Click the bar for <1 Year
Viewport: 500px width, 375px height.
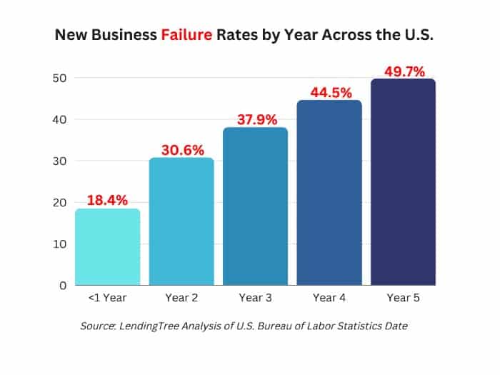point(107,246)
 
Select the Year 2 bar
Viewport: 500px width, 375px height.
point(181,221)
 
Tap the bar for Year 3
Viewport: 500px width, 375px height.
point(255,206)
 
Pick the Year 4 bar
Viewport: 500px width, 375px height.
point(329,193)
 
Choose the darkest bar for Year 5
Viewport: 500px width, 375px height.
point(403,182)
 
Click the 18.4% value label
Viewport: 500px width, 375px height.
point(107,199)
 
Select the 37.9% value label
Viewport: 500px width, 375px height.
point(256,119)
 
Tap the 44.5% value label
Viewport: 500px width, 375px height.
point(329,92)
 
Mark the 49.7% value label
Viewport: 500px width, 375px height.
point(403,71)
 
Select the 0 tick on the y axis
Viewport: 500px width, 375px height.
point(63,285)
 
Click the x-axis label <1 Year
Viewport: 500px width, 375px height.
point(107,298)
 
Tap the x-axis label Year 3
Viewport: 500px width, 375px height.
point(255,298)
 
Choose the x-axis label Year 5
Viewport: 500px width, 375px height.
point(403,298)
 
